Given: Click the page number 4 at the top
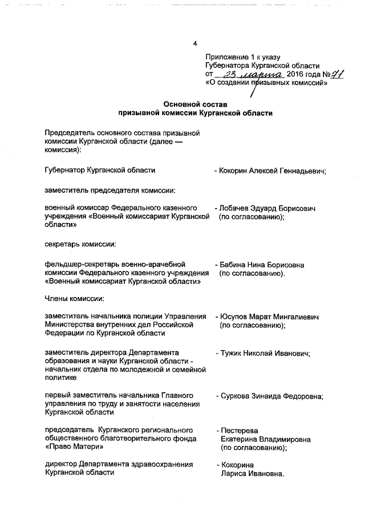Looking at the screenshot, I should pos(195,44).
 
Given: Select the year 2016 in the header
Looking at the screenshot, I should pos(296,75).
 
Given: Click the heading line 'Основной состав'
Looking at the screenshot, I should pos(195,104).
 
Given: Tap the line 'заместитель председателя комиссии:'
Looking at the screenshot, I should pos(109,189).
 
